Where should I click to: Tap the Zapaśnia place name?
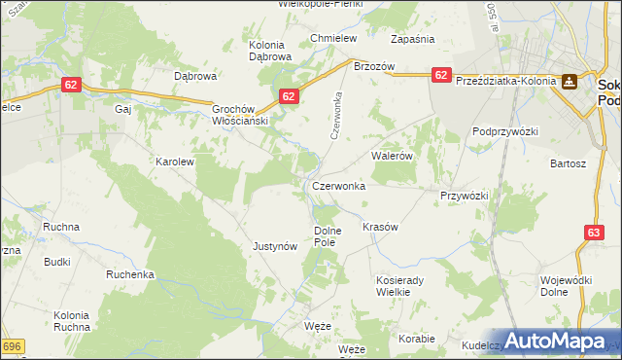pyautogui.click(x=411, y=39)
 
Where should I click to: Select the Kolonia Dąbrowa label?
pyautogui.click(x=270, y=51)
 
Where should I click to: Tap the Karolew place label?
pyautogui.click(x=176, y=162)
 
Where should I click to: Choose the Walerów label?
pyautogui.click(x=393, y=155)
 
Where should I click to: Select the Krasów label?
pyautogui.click(x=380, y=227)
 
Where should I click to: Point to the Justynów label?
pyautogui.click(x=274, y=246)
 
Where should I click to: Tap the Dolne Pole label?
pyautogui.click(x=327, y=235)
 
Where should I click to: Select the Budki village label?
pyautogui.click(x=56, y=262)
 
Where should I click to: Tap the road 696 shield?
pyautogui.click(x=12, y=346)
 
